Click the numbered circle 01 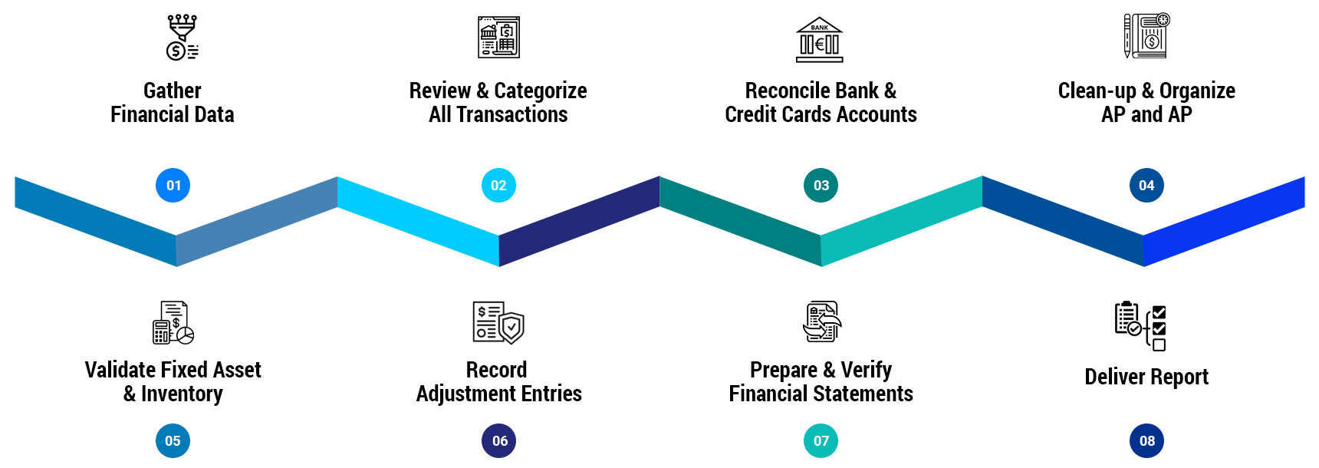click(173, 186)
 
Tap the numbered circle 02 click(498, 186)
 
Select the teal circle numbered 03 click(821, 186)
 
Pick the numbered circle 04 click(1146, 186)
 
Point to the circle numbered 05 click(173, 441)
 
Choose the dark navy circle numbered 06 click(499, 441)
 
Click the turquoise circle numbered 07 click(821, 441)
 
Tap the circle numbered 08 click(1146, 441)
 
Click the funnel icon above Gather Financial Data click(183, 37)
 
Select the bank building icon click(819, 39)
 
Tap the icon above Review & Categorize click(498, 37)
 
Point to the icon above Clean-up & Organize click(1146, 36)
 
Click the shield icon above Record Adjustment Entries click(498, 322)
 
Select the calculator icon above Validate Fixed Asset click(173, 322)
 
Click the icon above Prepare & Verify click(821, 322)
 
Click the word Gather click(173, 91)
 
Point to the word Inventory click(182, 394)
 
